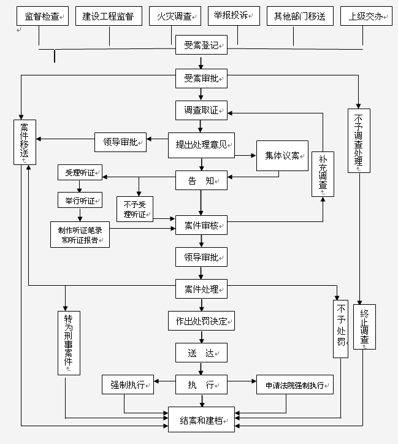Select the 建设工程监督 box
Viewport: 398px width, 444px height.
pyautogui.click(x=109, y=17)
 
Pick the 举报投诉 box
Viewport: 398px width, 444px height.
pyautogui.click(x=235, y=17)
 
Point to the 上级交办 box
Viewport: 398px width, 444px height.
pyautogui.click(x=366, y=17)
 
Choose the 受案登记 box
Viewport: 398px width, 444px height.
pyautogui.click(x=201, y=45)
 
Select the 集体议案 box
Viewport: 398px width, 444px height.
pyautogui.click(x=281, y=156)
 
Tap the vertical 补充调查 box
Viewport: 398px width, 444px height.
pyautogui.click(x=323, y=174)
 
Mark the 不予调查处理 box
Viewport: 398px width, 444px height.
pyautogui.click(x=359, y=141)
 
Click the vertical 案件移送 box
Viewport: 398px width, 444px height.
pyautogui.click(x=24, y=142)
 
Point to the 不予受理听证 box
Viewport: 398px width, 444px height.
pyautogui.click(x=135, y=209)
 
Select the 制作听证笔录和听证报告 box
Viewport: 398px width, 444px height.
pyautogui.click(x=80, y=235)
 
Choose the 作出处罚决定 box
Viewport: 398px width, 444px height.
pyautogui.click(x=201, y=321)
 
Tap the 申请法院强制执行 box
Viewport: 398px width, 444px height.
pyautogui.click(x=295, y=386)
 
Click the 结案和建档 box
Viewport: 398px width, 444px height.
pyautogui.click(x=201, y=421)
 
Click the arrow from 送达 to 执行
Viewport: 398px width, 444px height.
pyautogui.click(x=201, y=368)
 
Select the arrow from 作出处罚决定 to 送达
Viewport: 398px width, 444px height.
pyautogui.click(x=201, y=336)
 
